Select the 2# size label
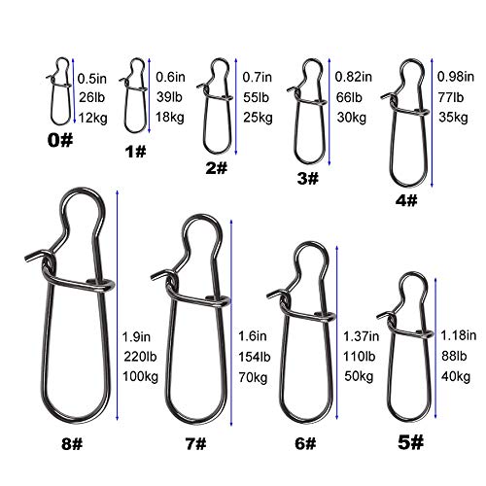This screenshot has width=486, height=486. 217,168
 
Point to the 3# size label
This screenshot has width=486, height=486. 307,179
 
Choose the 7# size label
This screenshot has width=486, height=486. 194,443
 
